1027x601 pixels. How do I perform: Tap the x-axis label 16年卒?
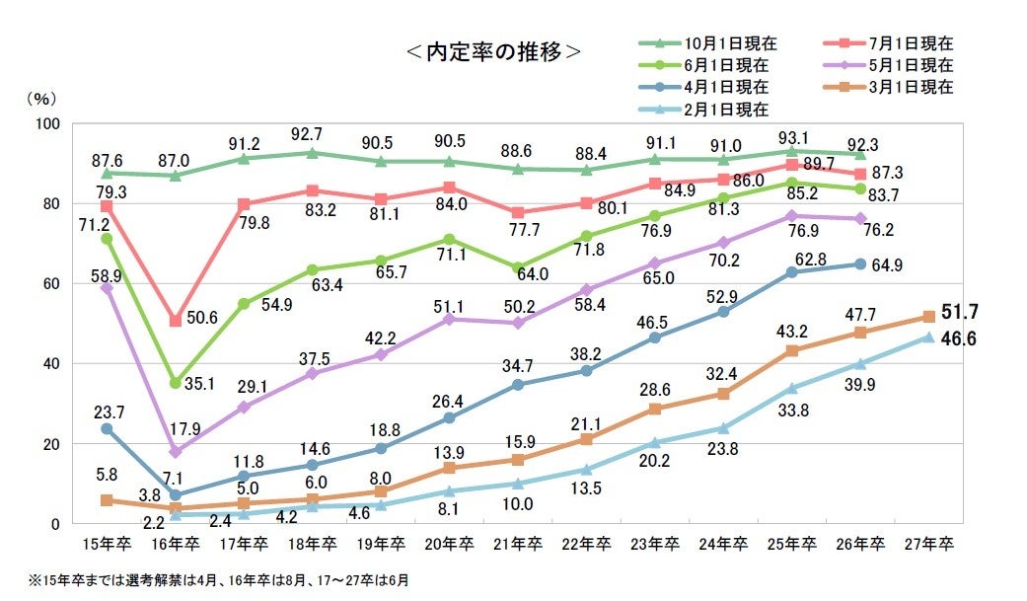click(174, 544)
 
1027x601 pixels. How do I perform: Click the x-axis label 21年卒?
click(516, 544)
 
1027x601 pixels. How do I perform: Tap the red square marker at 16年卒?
click(175, 321)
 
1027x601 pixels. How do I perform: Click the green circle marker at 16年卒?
click(175, 383)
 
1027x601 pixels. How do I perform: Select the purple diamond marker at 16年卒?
click(175, 452)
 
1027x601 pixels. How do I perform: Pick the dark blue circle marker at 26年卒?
click(859, 264)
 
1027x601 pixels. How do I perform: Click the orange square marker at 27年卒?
click(927, 317)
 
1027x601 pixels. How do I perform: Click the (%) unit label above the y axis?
click(40, 99)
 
